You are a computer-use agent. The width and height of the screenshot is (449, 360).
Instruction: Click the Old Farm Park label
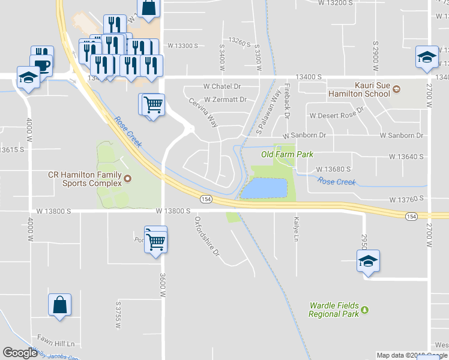(287, 154)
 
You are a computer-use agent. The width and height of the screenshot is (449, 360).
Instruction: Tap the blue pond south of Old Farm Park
(264, 188)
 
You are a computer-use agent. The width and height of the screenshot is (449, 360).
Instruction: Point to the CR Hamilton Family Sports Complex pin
(127, 178)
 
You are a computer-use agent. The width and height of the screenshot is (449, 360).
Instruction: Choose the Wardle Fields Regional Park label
(334, 310)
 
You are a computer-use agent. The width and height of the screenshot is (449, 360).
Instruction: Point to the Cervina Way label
(203, 113)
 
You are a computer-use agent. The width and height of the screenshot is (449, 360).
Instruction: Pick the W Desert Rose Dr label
(337, 113)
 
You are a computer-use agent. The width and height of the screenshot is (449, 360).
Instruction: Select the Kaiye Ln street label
(295, 230)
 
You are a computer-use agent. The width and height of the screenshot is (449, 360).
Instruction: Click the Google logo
(20, 353)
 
